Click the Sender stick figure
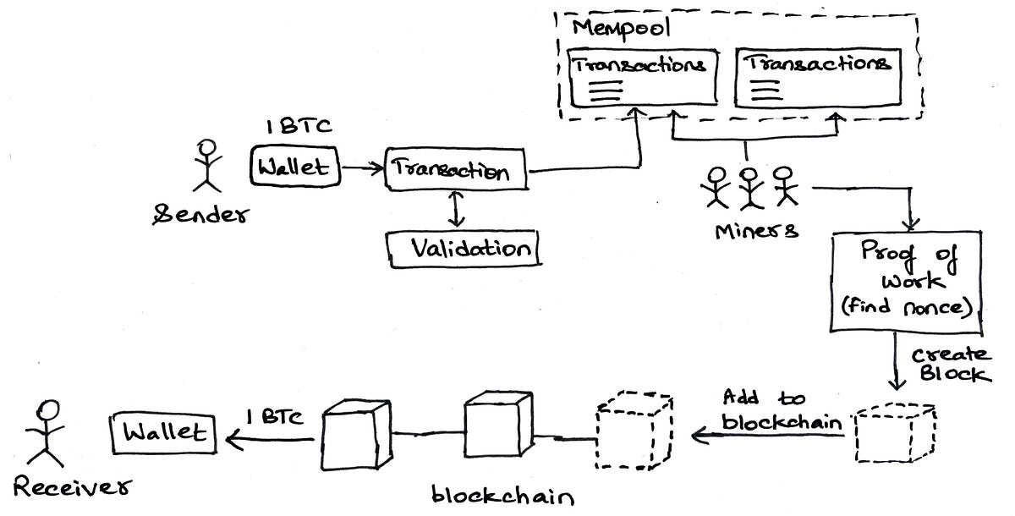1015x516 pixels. pyautogui.click(x=205, y=164)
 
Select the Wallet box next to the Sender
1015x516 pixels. pyautogui.click(x=295, y=167)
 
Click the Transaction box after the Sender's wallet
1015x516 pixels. pyautogui.click(x=455, y=172)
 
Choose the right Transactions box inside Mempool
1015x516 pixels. pyautogui.click(x=816, y=79)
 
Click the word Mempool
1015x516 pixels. pyautogui.click(x=611, y=27)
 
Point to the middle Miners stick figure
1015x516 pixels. pyautogui.click(x=748, y=186)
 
